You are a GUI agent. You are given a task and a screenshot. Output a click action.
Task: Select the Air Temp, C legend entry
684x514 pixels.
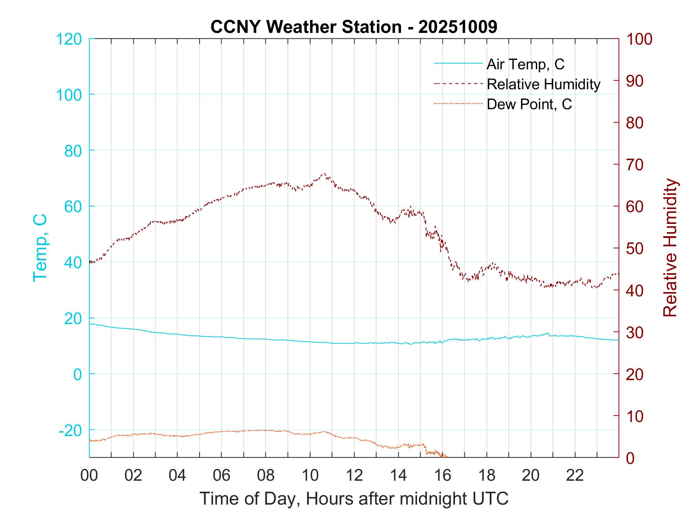(525, 64)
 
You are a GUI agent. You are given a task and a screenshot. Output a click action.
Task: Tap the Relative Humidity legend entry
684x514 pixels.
(543, 84)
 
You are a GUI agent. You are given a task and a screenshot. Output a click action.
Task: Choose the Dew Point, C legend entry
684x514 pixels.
(529, 105)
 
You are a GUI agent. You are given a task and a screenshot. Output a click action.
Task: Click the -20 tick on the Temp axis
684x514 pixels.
(70, 430)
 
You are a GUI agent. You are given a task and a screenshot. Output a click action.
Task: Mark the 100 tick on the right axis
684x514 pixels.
(639, 39)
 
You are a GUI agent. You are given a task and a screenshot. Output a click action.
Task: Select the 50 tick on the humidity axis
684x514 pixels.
(635, 249)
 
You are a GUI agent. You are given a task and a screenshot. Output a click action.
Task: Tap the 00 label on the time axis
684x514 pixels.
(89, 476)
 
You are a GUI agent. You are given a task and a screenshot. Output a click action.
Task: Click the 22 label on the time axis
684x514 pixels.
(575, 476)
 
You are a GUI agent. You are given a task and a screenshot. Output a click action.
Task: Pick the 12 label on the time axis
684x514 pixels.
(354, 476)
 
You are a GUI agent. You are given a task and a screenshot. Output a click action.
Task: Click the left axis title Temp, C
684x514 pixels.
(40, 247)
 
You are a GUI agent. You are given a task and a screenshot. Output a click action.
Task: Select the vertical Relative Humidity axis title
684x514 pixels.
(670, 247)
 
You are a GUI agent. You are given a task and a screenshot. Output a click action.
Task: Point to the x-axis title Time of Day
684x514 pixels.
(354, 499)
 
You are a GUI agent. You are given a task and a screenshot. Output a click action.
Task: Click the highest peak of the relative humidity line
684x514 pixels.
(324, 174)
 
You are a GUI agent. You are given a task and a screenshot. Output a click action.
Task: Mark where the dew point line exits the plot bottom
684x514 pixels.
(446, 456)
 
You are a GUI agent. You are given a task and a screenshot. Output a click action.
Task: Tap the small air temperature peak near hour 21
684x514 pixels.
(547, 333)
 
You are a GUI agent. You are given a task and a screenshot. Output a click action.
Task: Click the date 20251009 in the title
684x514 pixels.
(458, 27)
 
